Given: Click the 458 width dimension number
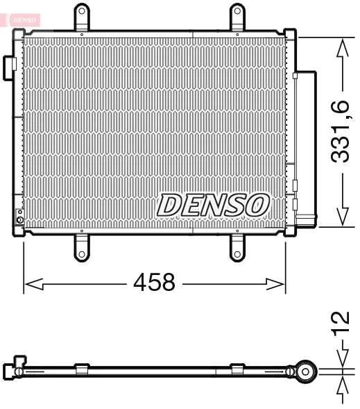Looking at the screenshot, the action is [154, 282].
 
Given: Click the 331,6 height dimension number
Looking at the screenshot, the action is [340, 131].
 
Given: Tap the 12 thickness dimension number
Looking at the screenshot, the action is [340, 322].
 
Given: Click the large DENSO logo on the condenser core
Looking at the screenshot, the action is [213, 205].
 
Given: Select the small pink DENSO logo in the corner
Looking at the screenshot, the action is [24, 20].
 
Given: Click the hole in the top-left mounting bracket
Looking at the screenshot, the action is [82, 11].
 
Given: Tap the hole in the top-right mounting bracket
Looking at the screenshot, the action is [237, 11].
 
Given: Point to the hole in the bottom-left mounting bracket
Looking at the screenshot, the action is [82, 254].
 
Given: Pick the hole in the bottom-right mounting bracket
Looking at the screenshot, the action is [237, 254].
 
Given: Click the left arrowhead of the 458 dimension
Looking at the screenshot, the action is [33, 284].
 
